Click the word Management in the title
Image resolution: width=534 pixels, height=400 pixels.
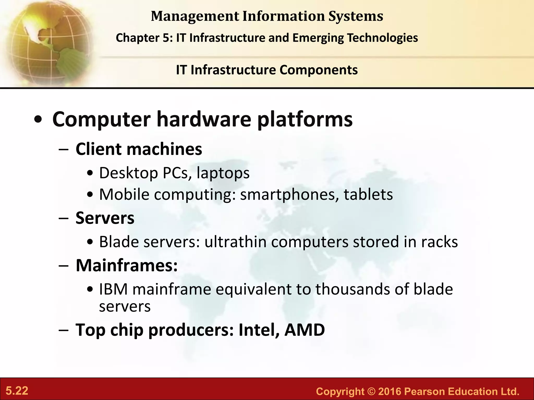[x=195, y=16]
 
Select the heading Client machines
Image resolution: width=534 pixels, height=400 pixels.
[x=139, y=149]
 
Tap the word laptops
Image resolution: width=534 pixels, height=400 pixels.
[x=223, y=173]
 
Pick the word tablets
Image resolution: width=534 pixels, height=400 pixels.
[x=368, y=195]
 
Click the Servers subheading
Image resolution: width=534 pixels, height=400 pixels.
[x=105, y=218]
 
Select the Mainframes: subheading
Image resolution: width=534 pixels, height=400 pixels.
[x=127, y=266]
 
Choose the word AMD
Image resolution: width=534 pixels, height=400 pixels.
[x=305, y=330]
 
